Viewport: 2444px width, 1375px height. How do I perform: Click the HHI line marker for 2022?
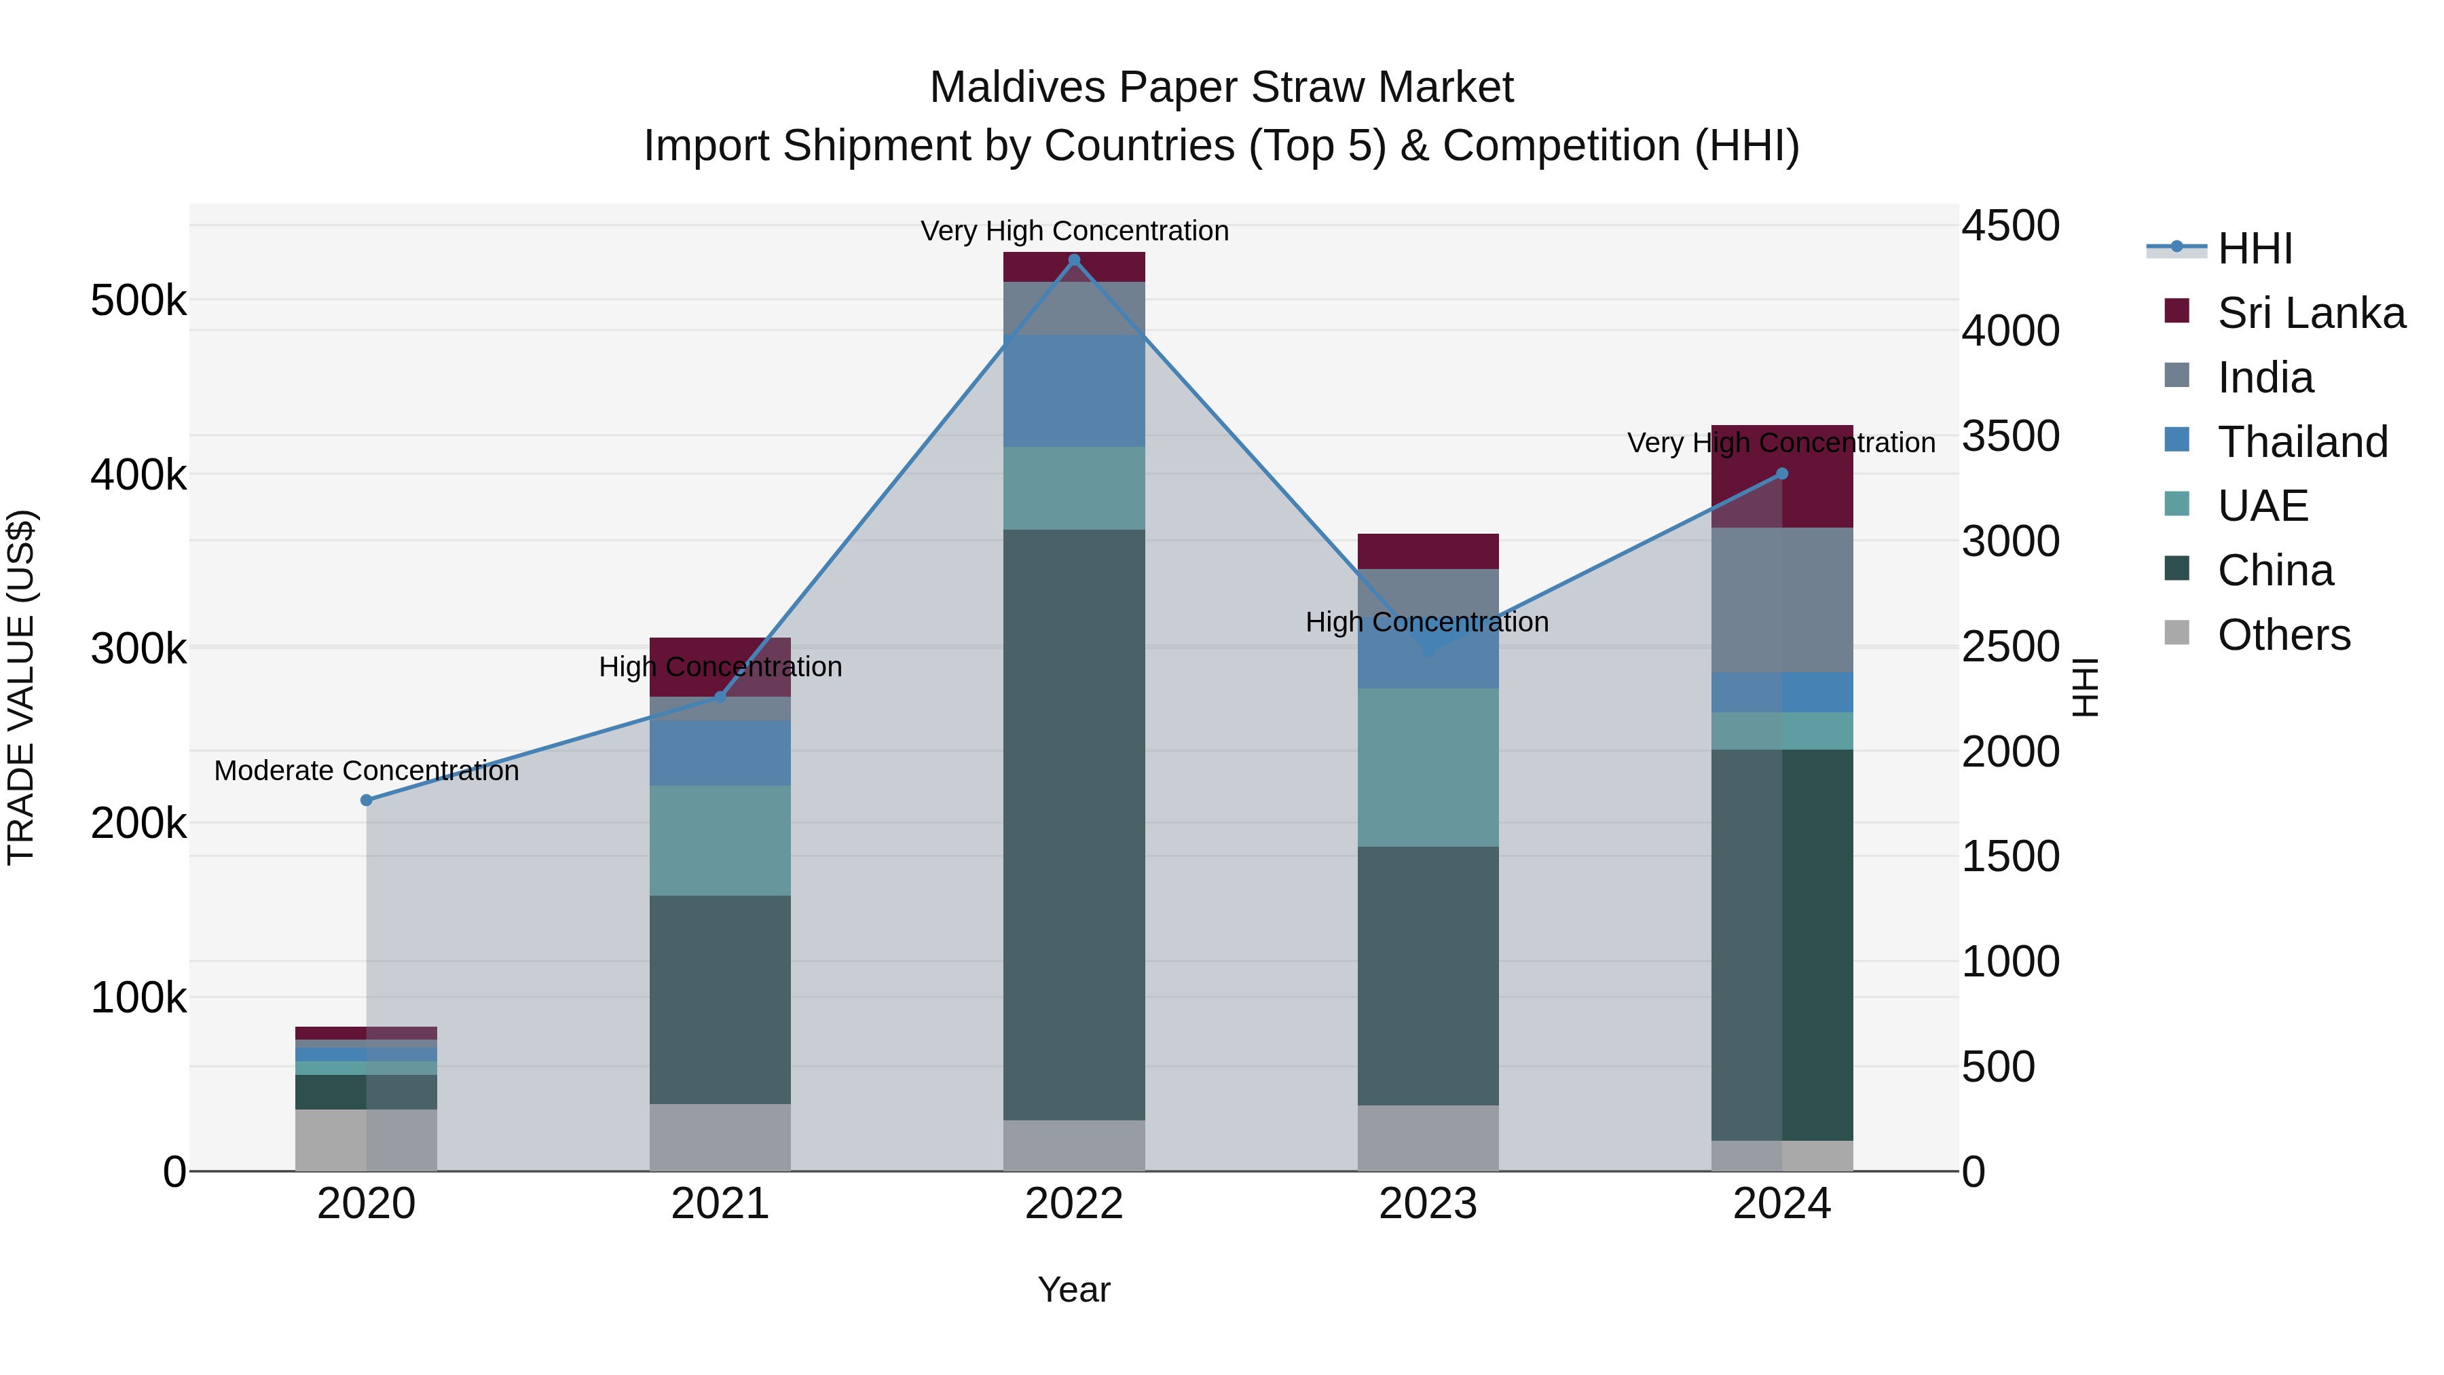(1074, 260)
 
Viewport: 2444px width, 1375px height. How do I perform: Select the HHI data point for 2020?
(366, 800)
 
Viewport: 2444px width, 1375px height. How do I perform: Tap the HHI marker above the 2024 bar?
(1782, 473)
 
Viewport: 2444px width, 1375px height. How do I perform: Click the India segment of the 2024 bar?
(1782, 600)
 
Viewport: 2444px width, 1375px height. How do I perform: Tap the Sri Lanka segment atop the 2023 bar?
(1428, 551)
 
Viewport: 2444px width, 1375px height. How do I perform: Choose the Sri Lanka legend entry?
(2310, 313)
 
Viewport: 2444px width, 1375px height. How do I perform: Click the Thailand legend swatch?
(2177, 440)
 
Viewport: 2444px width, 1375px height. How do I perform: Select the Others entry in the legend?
(2284, 635)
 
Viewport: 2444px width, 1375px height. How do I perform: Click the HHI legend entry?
(2254, 249)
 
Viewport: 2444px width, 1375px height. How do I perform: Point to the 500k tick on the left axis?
(138, 301)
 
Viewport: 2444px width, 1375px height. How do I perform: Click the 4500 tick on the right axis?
(2010, 226)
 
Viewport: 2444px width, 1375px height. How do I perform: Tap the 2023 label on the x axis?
(1428, 1204)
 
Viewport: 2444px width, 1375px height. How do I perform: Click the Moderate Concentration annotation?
(366, 771)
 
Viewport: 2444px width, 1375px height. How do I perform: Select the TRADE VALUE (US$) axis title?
(21, 687)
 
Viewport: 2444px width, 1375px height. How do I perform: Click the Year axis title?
(1074, 1289)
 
